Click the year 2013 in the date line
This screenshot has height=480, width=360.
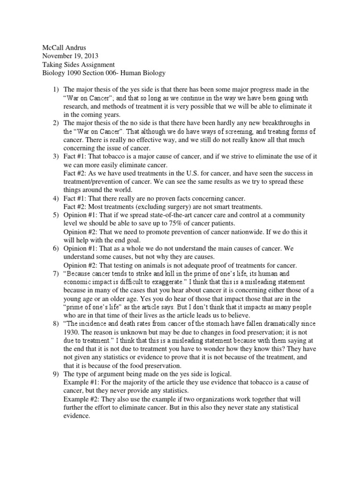point(89,56)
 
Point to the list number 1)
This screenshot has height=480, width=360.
point(55,90)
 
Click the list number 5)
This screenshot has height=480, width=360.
point(55,215)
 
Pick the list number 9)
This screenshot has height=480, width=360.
point(55,374)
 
